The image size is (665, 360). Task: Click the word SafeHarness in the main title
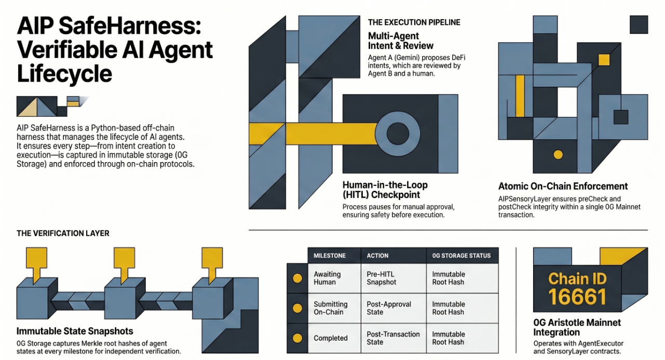(130, 26)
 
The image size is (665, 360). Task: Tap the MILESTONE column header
(330, 256)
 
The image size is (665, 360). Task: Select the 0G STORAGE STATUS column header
(462, 256)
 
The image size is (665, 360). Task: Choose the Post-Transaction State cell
(393, 338)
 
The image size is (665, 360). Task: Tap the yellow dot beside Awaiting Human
(297, 278)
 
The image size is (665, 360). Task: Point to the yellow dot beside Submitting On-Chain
(297, 308)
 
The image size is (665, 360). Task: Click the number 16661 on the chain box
(577, 297)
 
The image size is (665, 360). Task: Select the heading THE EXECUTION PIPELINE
(414, 22)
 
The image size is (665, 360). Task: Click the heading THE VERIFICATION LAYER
(63, 233)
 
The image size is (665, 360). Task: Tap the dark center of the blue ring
(398, 134)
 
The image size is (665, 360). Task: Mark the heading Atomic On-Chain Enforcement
(563, 186)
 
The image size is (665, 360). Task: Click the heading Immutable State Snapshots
(75, 331)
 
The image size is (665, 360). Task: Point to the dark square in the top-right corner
(639, 24)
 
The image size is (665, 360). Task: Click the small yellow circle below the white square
(558, 154)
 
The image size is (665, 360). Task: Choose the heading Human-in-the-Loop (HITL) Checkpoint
(385, 190)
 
